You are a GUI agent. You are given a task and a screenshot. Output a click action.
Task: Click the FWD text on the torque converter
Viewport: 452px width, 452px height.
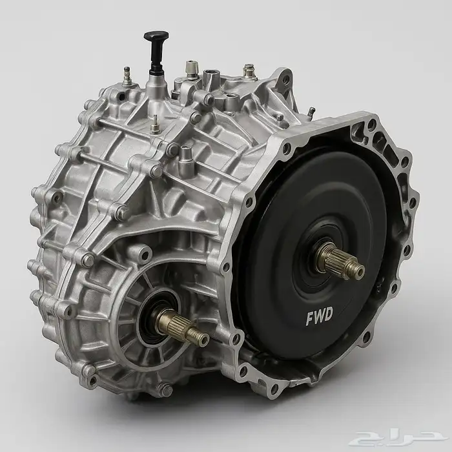[x=319, y=316]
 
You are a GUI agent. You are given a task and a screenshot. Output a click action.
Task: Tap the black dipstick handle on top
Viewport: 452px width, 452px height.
[x=156, y=51]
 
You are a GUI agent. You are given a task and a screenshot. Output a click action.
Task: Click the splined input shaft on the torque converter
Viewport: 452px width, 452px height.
[x=340, y=261]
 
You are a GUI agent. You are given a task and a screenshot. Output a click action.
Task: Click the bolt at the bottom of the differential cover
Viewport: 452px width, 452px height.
[x=165, y=390]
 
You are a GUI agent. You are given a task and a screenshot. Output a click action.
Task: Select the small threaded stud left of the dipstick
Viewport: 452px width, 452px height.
[x=127, y=76]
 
